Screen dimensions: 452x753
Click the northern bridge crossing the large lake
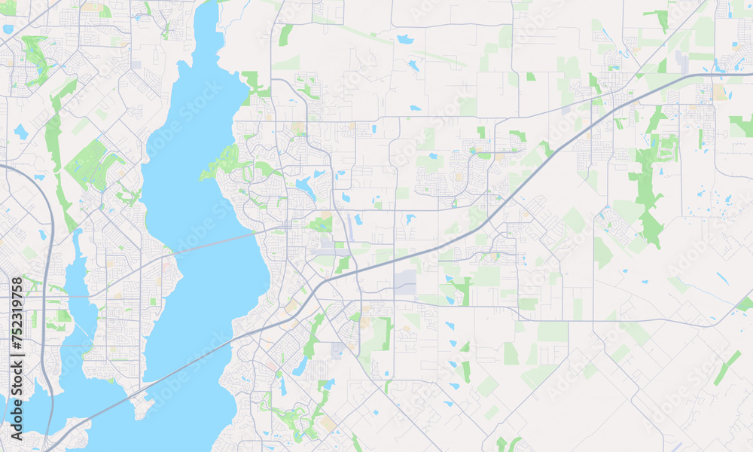click(218, 243)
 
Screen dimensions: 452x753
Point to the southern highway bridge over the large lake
click(188, 369)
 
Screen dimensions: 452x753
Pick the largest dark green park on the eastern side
click(645, 188)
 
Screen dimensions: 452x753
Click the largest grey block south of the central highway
click(405, 282)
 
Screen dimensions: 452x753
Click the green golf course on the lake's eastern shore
click(226, 163)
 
